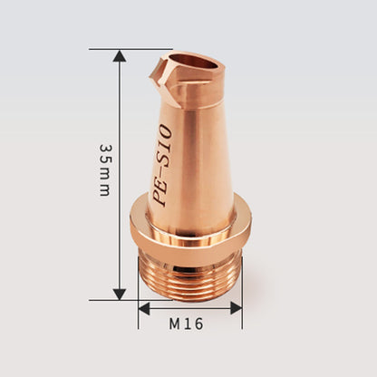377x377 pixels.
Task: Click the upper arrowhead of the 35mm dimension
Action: point(119,56)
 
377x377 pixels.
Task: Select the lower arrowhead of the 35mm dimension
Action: point(119,292)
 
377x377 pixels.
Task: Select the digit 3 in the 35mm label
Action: point(106,149)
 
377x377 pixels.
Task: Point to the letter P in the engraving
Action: point(161,199)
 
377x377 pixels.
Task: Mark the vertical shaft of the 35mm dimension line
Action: point(119,227)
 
